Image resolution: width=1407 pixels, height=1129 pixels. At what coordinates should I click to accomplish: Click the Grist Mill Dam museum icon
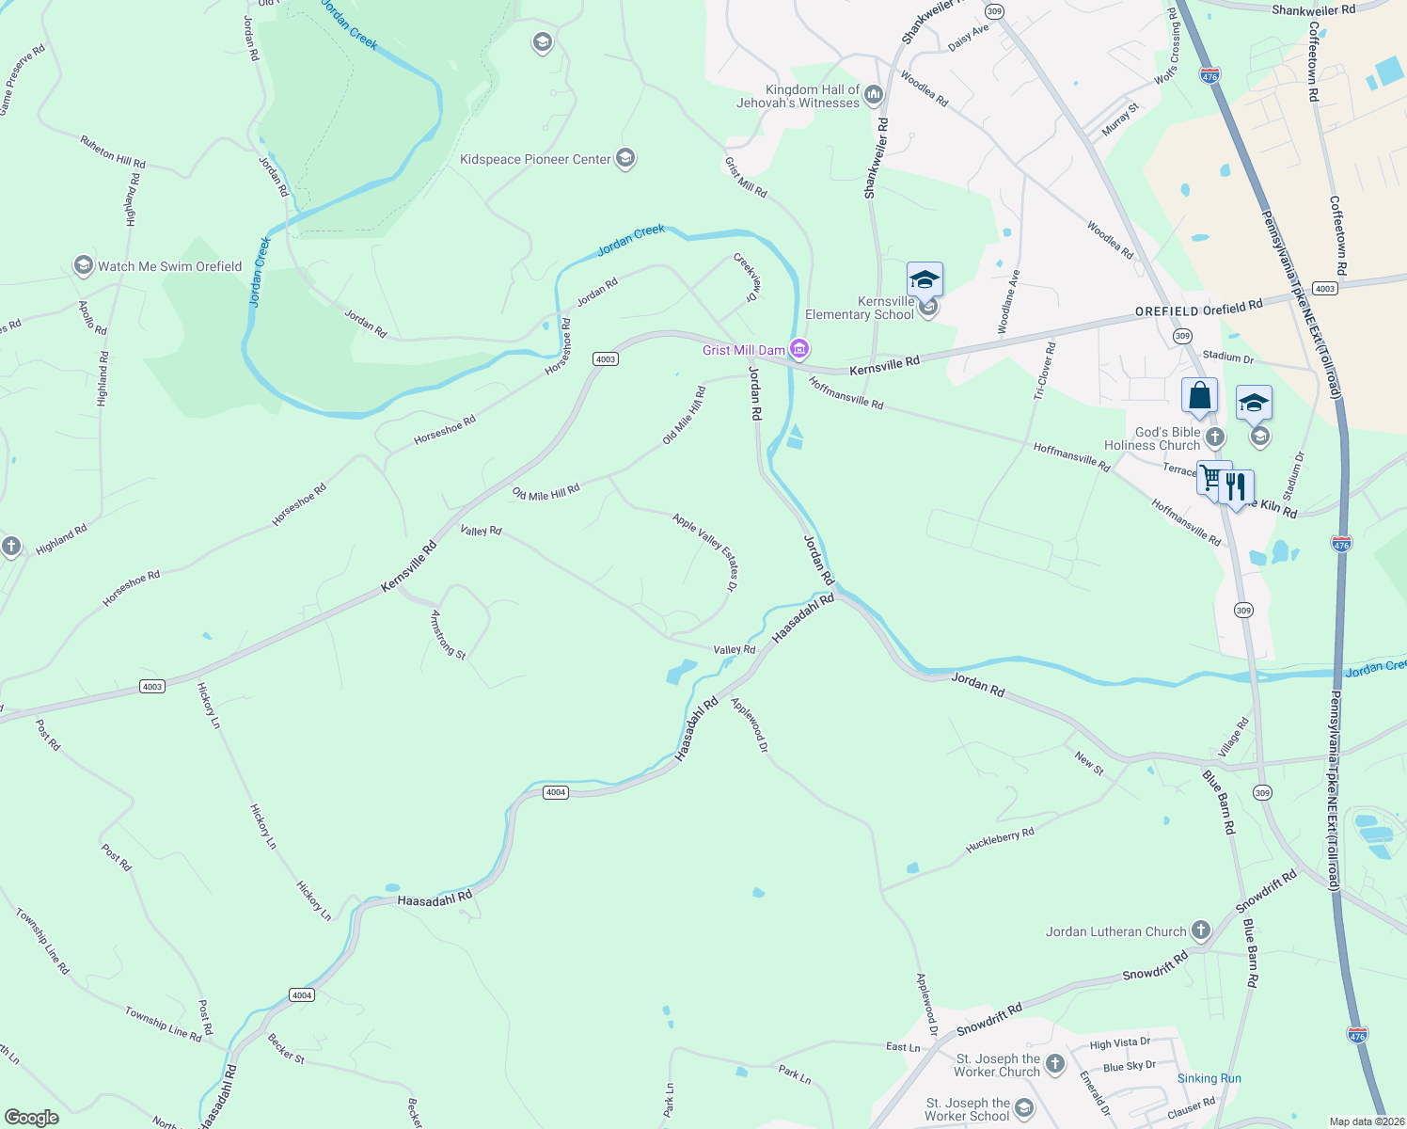[799, 350]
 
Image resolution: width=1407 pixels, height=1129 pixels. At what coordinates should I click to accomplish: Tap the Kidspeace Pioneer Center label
[535, 159]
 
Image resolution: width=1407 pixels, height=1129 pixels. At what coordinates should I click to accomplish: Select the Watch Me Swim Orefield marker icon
[84, 266]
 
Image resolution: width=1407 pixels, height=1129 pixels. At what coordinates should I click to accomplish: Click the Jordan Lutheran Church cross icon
[1200, 931]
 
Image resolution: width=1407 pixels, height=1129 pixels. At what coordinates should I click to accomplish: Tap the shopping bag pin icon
[1199, 396]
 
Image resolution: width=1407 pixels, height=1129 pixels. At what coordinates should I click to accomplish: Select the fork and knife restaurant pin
[1236, 487]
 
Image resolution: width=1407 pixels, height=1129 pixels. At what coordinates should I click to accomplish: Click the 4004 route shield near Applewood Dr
[556, 792]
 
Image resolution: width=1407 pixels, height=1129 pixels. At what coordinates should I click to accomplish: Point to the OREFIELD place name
[1166, 311]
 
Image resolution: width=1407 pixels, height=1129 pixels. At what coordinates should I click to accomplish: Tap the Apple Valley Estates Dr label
[705, 551]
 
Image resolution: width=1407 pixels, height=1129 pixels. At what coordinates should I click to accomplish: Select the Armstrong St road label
[448, 633]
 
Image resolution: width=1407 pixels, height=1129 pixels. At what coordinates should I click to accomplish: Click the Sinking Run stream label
[1209, 1078]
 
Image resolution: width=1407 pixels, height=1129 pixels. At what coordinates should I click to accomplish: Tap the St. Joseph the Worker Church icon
[1055, 1064]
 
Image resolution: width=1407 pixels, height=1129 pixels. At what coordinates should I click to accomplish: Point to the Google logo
[32, 1118]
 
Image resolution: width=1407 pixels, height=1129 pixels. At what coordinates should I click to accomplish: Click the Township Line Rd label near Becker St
[163, 1023]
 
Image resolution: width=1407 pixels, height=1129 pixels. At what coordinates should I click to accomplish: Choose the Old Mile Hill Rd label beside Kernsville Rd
[545, 492]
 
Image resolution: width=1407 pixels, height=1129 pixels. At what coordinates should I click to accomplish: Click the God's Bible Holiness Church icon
[1215, 437]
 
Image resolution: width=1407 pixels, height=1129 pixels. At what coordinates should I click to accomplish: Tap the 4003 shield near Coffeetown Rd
[1324, 288]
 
